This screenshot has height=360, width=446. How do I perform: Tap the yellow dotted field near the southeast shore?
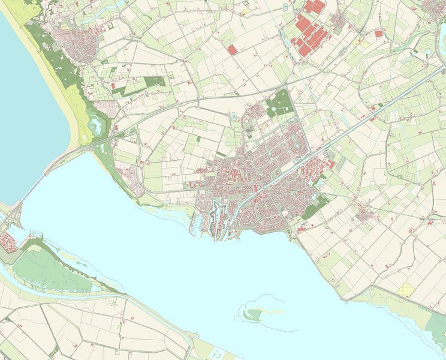tap(406, 289)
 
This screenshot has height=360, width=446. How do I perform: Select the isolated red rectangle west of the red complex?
tap(233, 50)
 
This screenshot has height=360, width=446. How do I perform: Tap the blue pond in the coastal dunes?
tap(95, 125)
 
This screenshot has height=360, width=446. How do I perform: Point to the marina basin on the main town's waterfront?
tap(197, 223)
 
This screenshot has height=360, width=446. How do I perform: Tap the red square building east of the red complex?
tap(379, 34)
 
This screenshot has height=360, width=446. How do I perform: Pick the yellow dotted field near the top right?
tap(360, 43)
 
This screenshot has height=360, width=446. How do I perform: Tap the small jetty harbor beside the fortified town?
tap(33, 235)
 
